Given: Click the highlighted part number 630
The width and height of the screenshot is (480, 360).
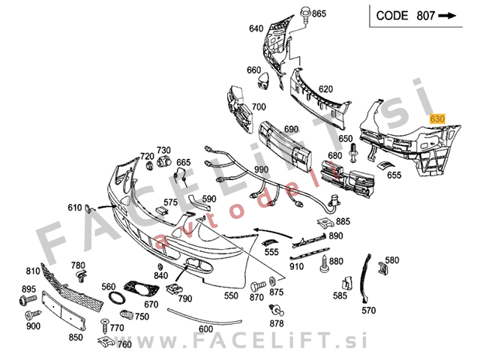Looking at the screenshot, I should [437, 118].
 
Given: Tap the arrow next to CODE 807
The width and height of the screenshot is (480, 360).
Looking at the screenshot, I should [448, 15].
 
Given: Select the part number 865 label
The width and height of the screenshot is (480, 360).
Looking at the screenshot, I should [319, 14].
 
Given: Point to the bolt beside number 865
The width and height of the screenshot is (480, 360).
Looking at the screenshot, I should [305, 13].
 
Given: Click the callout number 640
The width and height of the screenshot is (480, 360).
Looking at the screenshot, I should [256, 28].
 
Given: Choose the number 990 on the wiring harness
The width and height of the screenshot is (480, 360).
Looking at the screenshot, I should [260, 171].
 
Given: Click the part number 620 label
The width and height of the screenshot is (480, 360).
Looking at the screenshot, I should [325, 89].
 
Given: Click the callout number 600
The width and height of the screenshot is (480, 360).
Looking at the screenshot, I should [205, 329].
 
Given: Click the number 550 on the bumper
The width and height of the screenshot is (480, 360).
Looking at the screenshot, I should [231, 295].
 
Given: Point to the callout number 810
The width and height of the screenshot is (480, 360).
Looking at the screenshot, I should [33, 271].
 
